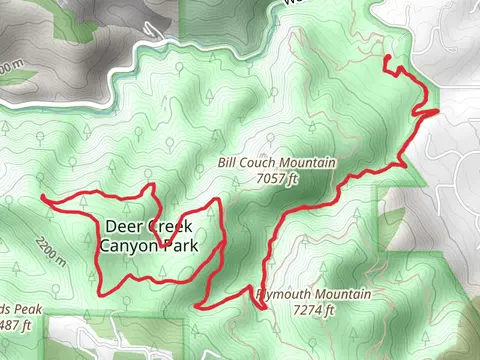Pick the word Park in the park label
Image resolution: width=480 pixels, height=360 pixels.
tap(181, 245)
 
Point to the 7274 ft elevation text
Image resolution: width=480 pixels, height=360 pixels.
tap(314, 311)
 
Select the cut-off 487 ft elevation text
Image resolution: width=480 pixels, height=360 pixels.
tap(16, 325)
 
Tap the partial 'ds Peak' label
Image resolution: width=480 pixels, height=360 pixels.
tap(20, 309)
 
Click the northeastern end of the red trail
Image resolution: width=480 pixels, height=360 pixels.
tap(386, 60)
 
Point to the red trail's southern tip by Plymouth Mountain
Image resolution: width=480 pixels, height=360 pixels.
tap(265, 310)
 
